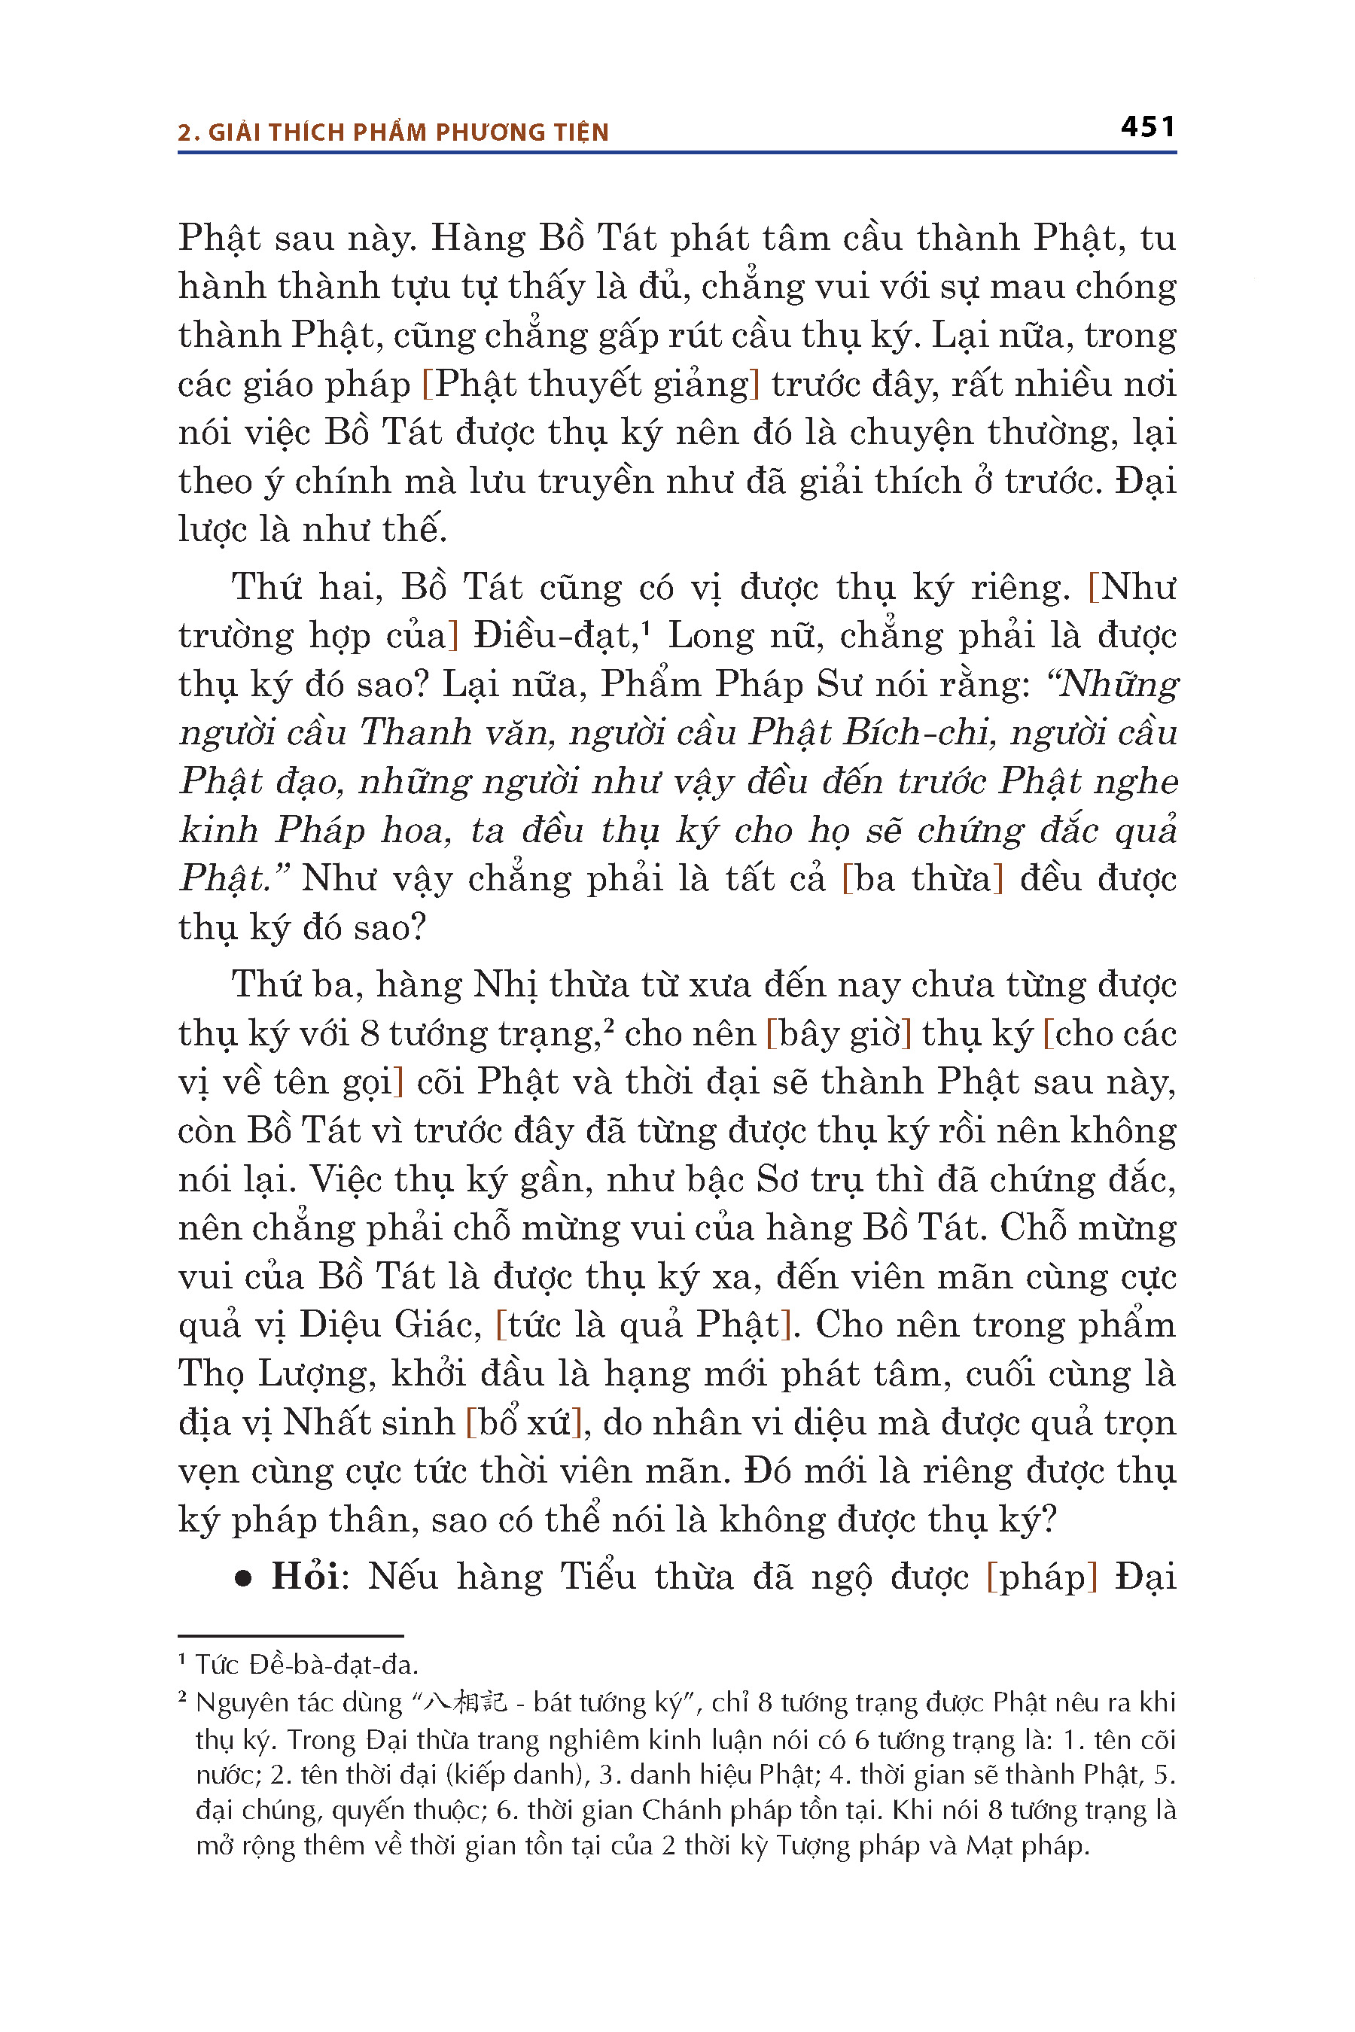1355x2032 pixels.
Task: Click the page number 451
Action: coord(1147,127)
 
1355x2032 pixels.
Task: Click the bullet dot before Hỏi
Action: coord(244,1578)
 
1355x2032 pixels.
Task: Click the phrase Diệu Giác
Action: coord(390,1325)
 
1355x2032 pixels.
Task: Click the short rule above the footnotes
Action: coord(291,1635)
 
